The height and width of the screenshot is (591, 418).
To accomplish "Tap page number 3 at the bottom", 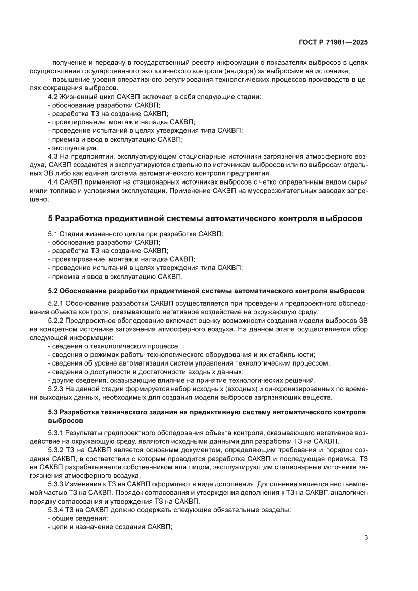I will point(366,537).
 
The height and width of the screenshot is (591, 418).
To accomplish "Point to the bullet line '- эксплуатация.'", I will point(72,148).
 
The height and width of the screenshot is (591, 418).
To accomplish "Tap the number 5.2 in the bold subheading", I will point(53,291).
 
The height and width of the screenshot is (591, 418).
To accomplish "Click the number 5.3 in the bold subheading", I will point(53,412).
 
